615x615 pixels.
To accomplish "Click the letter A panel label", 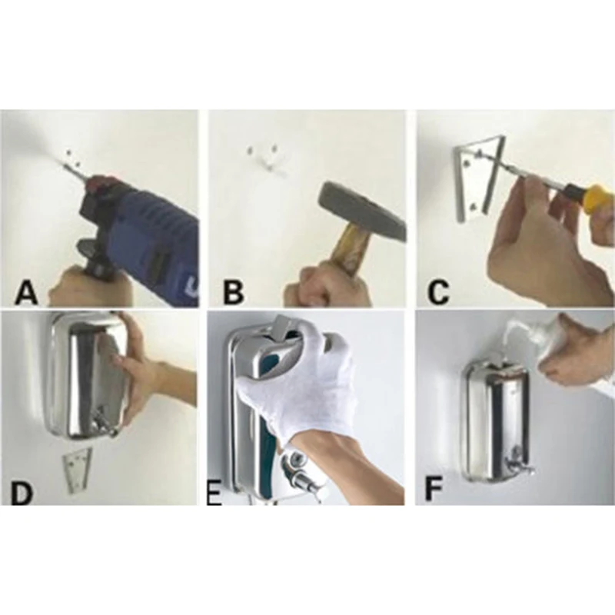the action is [x=27, y=292].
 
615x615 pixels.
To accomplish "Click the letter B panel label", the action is [x=233, y=292].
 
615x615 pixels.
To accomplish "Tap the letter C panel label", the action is [x=438, y=292].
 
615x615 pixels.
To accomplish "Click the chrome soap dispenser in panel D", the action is [x=85, y=377].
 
